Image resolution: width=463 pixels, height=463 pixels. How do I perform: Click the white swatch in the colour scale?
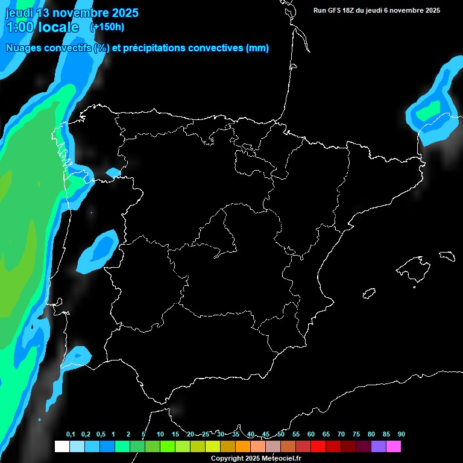click(x=61, y=446)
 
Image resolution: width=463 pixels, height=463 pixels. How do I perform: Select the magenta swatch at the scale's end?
click(x=394, y=446)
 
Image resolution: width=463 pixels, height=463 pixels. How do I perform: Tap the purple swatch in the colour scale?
click(x=379, y=446)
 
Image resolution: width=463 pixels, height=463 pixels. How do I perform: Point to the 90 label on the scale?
click(x=401, y=434)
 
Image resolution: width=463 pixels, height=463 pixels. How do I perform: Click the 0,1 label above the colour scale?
click(x=71, y=434)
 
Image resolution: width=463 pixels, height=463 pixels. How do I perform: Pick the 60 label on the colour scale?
click(x=311, y=434)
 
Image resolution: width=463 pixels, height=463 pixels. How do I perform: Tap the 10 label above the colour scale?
click(x=160, y=434)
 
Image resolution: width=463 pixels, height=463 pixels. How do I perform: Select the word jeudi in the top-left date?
click(x=19, y=13)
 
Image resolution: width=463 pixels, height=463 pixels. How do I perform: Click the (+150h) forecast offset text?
click(x=107, y=27)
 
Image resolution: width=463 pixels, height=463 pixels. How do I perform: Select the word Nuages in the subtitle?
click(x=25, y=48)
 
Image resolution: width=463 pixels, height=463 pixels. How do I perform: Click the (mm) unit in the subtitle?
click(x=257, y=48)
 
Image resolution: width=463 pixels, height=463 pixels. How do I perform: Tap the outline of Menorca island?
click(x=446, y=256)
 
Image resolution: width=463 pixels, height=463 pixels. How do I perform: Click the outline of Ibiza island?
click(x=370, y=293)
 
